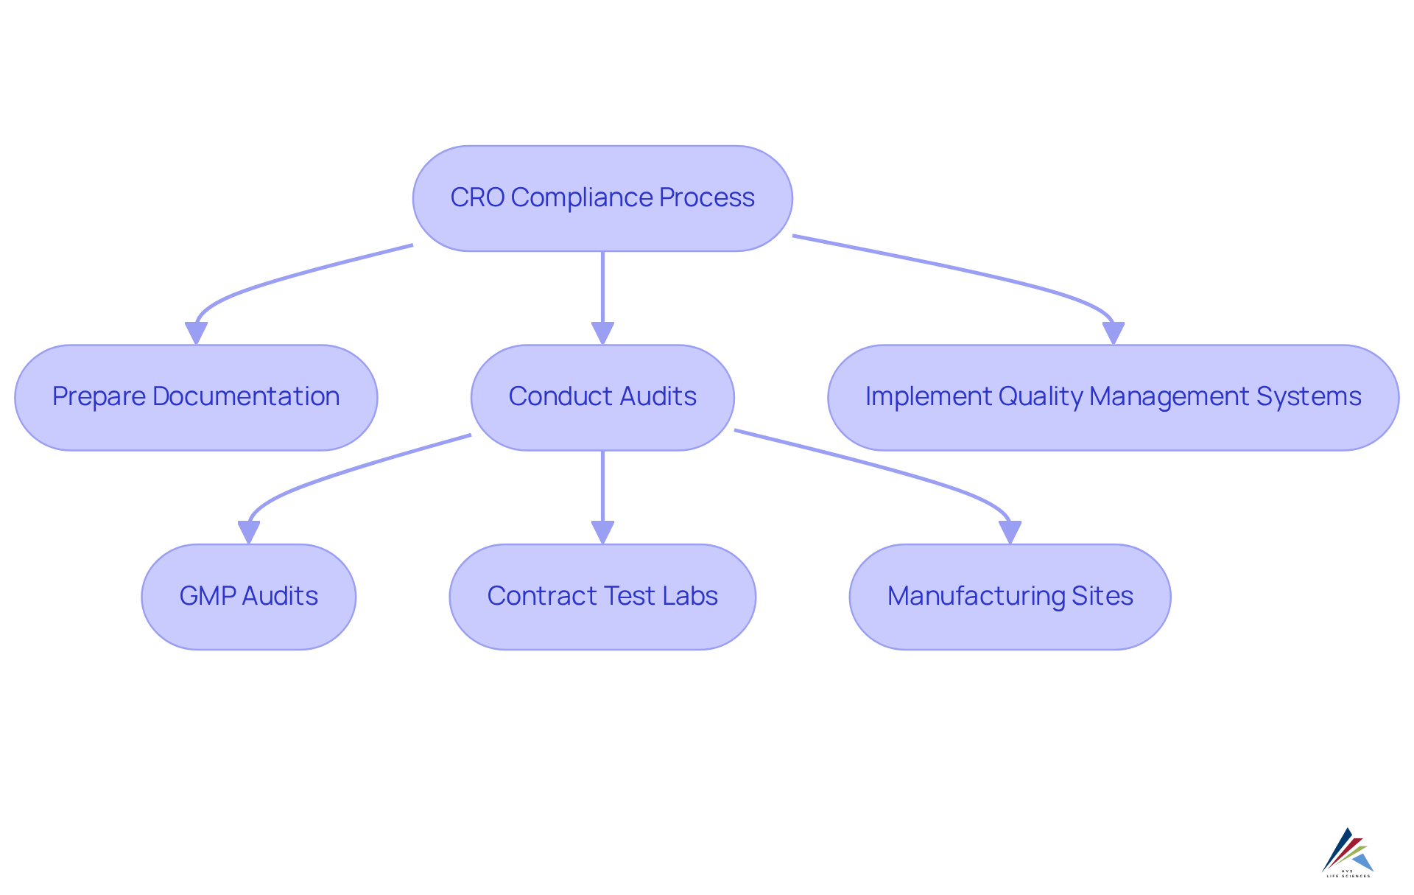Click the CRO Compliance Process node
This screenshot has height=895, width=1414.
602,198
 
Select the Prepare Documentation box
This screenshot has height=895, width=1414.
196,397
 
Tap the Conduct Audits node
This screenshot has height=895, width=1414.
602,397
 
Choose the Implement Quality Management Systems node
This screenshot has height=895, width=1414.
1113,397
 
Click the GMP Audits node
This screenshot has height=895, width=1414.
249,597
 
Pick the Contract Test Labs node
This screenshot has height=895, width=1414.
602,597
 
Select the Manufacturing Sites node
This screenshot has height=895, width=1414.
1010,597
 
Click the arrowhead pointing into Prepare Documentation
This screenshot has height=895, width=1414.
196,333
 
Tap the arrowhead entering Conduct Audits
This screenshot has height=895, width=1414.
602,333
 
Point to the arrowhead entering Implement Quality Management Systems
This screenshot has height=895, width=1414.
1113,333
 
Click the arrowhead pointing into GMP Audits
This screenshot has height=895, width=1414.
249,532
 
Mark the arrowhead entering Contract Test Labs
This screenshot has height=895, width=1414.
602,532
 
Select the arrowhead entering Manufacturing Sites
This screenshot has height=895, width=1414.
1010,532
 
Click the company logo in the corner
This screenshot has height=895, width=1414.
1348,852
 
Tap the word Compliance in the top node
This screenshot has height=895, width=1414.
582,198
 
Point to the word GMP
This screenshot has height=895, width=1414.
207,597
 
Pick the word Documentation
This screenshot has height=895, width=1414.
246,397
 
